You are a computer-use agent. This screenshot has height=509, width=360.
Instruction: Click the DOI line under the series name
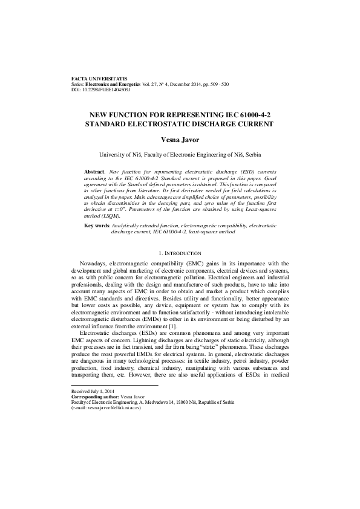[101, 89]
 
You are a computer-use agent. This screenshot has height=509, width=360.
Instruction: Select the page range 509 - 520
[217, 85]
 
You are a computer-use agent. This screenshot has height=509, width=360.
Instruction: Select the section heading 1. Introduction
[180, 252]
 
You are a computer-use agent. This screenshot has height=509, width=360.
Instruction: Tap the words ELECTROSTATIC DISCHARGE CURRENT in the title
[211, 123]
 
